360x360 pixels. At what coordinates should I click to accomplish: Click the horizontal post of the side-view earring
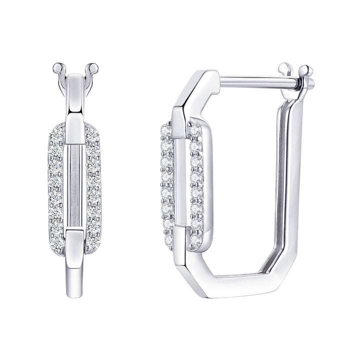coord(250,80)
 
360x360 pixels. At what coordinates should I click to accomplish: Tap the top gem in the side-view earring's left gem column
coord(166,131)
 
